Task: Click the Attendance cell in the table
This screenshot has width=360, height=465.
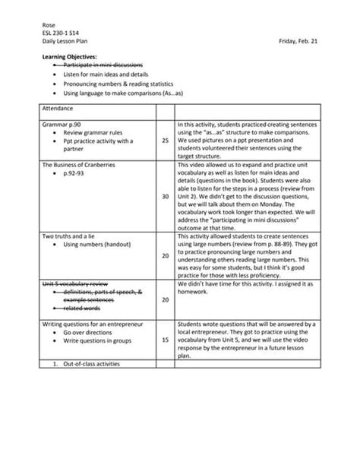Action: pyautogui.click(x=58, y=109)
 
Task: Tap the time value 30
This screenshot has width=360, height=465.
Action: pyautogui.click(x=165, y=195)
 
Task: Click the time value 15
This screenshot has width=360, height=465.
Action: pyautogui.click(x=165, y=340)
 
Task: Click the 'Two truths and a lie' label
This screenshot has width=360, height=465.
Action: pyautogui.click(x=72, y=236)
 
